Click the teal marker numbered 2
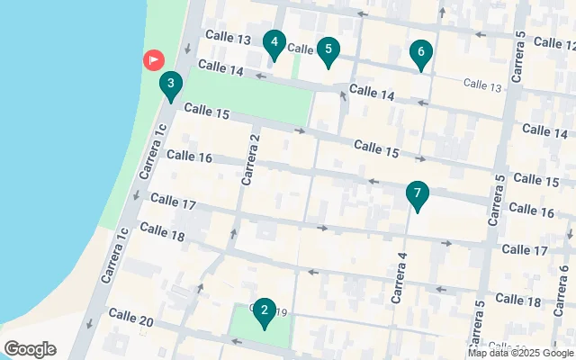coord(264,312)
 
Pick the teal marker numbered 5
coord(328,49)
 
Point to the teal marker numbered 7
coord(417,194)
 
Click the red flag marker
coord(154,60)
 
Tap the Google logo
coord(30,349)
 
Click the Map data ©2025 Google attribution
coord(520,353)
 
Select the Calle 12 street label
coord(553,43)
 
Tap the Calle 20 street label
coord(130,318)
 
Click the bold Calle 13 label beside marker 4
coord(228,38)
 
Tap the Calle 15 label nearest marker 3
coord(206,112)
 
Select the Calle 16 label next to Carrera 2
coord(189,157)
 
